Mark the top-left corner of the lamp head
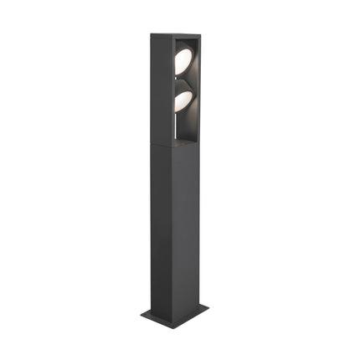tap(151, 35)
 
